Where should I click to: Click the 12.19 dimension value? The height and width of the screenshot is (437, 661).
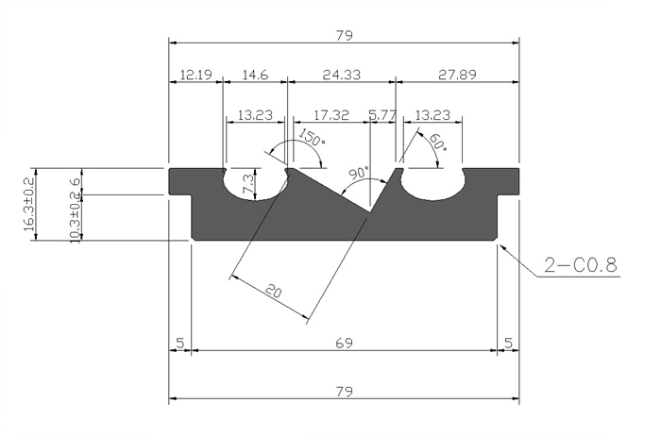[x=195, y=75]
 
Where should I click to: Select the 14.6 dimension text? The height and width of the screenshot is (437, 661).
[x=256, y=75]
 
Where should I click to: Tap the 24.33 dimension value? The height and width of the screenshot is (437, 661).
[x=342, y=75]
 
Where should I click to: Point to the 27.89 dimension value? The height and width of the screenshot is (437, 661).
[x=457, y=75]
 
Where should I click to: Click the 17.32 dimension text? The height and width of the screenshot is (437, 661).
[x=330, y=115]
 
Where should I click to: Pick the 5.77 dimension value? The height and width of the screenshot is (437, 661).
[x=382, y=115]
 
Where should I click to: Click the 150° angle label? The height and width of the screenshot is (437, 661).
[x=312, y=137]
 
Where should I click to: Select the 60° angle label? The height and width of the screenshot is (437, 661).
[x=437, y=143]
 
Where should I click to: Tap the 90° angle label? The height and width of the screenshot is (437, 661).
[x=359, y=174]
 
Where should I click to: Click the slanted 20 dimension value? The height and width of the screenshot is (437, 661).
[x=274, y=291]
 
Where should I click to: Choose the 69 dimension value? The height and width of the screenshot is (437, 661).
[x=344, y=343]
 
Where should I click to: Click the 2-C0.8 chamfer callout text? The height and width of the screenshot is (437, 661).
[x=581, y=265]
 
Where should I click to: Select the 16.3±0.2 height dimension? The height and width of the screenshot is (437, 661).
[x=28, y=205]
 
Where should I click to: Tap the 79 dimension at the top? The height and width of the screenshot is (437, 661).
[x=344, y=36]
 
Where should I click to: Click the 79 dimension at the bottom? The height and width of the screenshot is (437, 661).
[x=344, y=392]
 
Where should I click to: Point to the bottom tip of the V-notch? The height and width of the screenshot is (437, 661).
[x=370, y=212]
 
